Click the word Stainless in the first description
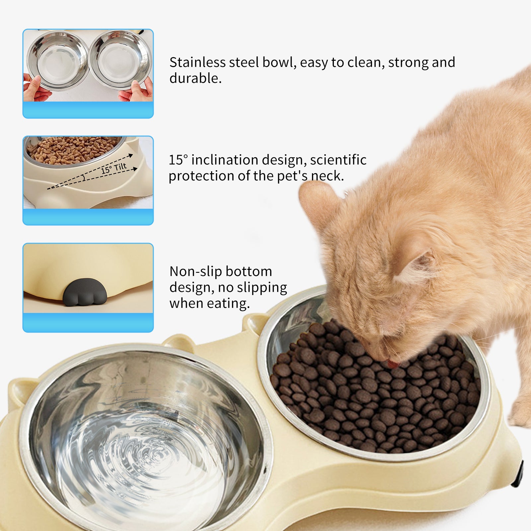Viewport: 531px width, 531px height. coord(197,62)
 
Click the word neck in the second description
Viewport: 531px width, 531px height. coord(329,176)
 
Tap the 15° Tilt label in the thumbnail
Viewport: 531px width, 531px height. coord(114,168)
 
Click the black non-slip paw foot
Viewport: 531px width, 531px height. coord(85,292)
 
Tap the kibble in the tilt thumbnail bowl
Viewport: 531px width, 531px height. coord(73,149)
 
